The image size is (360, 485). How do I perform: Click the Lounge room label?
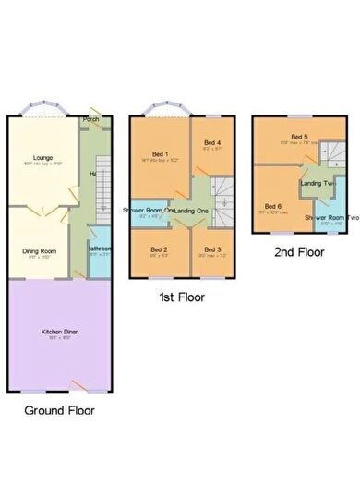pos(42,158)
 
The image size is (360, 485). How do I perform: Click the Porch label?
pos(90,120)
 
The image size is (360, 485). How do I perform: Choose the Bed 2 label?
pos(159,249)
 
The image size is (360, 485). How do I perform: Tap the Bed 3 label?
pos(212,249)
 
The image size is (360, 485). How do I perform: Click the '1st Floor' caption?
pos(181,297)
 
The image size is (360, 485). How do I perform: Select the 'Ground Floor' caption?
pos(59,409)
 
